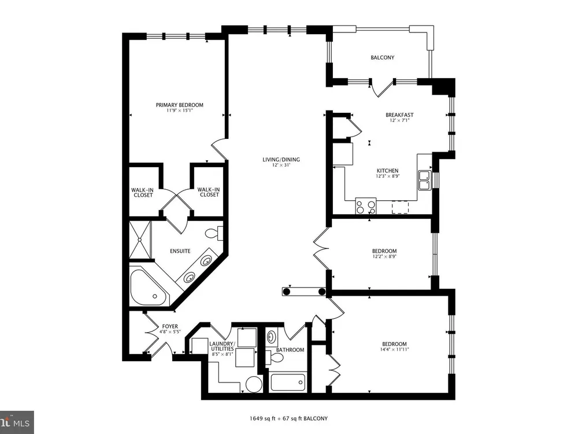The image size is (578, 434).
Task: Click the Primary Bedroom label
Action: (x=180, y=105)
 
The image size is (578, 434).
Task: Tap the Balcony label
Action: (x=382, y=57)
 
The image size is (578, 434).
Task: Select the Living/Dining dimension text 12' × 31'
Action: (x=281, y=165)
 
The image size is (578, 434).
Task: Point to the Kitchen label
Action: (x=387, y=171)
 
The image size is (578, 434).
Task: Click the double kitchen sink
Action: (x=425, y=180)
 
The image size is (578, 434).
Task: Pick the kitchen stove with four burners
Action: (x=366, y=206)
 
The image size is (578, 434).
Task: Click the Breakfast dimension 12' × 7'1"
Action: (x=399, y=120)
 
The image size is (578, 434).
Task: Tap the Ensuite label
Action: (x=180, y=251)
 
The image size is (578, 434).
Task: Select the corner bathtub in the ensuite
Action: (x=149, y=288)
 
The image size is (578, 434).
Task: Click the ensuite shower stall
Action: (x=140, y=240)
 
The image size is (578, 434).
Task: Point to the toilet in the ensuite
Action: (x=214, y=233)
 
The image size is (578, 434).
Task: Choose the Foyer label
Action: (x=170, y=326)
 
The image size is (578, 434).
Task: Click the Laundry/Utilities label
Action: (x=221, y=346)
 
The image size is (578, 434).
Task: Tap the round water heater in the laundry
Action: (x=254, y=384)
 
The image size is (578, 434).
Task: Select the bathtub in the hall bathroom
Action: (x=288, y=382)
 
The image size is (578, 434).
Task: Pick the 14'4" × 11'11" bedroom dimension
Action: (x=394, y=349)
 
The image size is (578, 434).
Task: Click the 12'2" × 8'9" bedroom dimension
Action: (x=384, y=256)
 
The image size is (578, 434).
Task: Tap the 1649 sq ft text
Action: (x=262, y=418)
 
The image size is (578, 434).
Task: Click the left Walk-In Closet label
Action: (x=143, y=193)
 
